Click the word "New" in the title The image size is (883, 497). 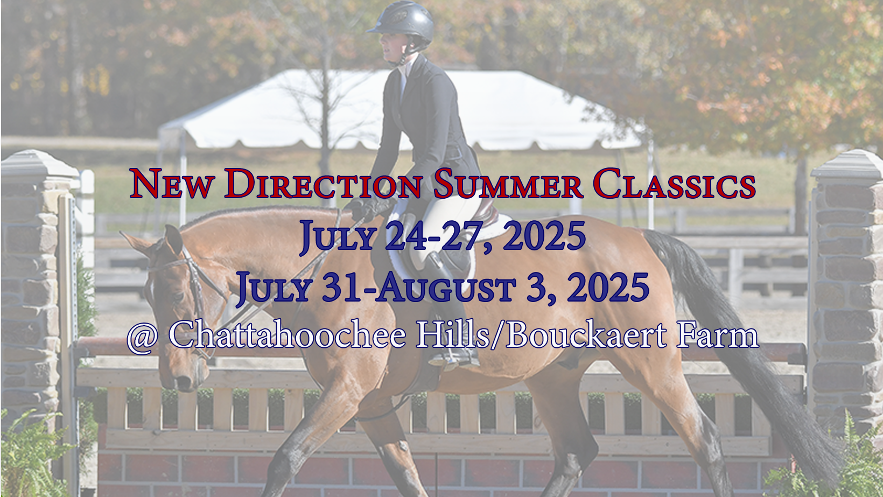point(172,184)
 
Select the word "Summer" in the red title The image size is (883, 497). point(508,184)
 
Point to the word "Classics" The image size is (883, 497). point(674,184)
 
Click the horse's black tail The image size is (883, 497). point(743,345)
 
